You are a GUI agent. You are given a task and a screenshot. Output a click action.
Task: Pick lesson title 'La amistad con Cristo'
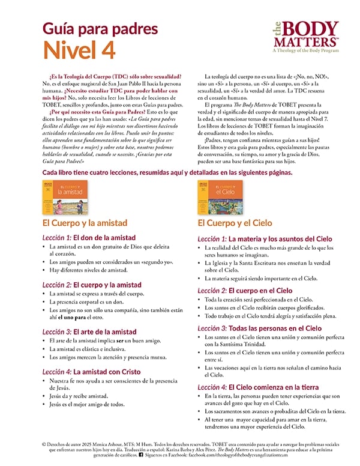110,372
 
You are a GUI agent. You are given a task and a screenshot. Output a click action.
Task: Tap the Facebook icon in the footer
141,456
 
